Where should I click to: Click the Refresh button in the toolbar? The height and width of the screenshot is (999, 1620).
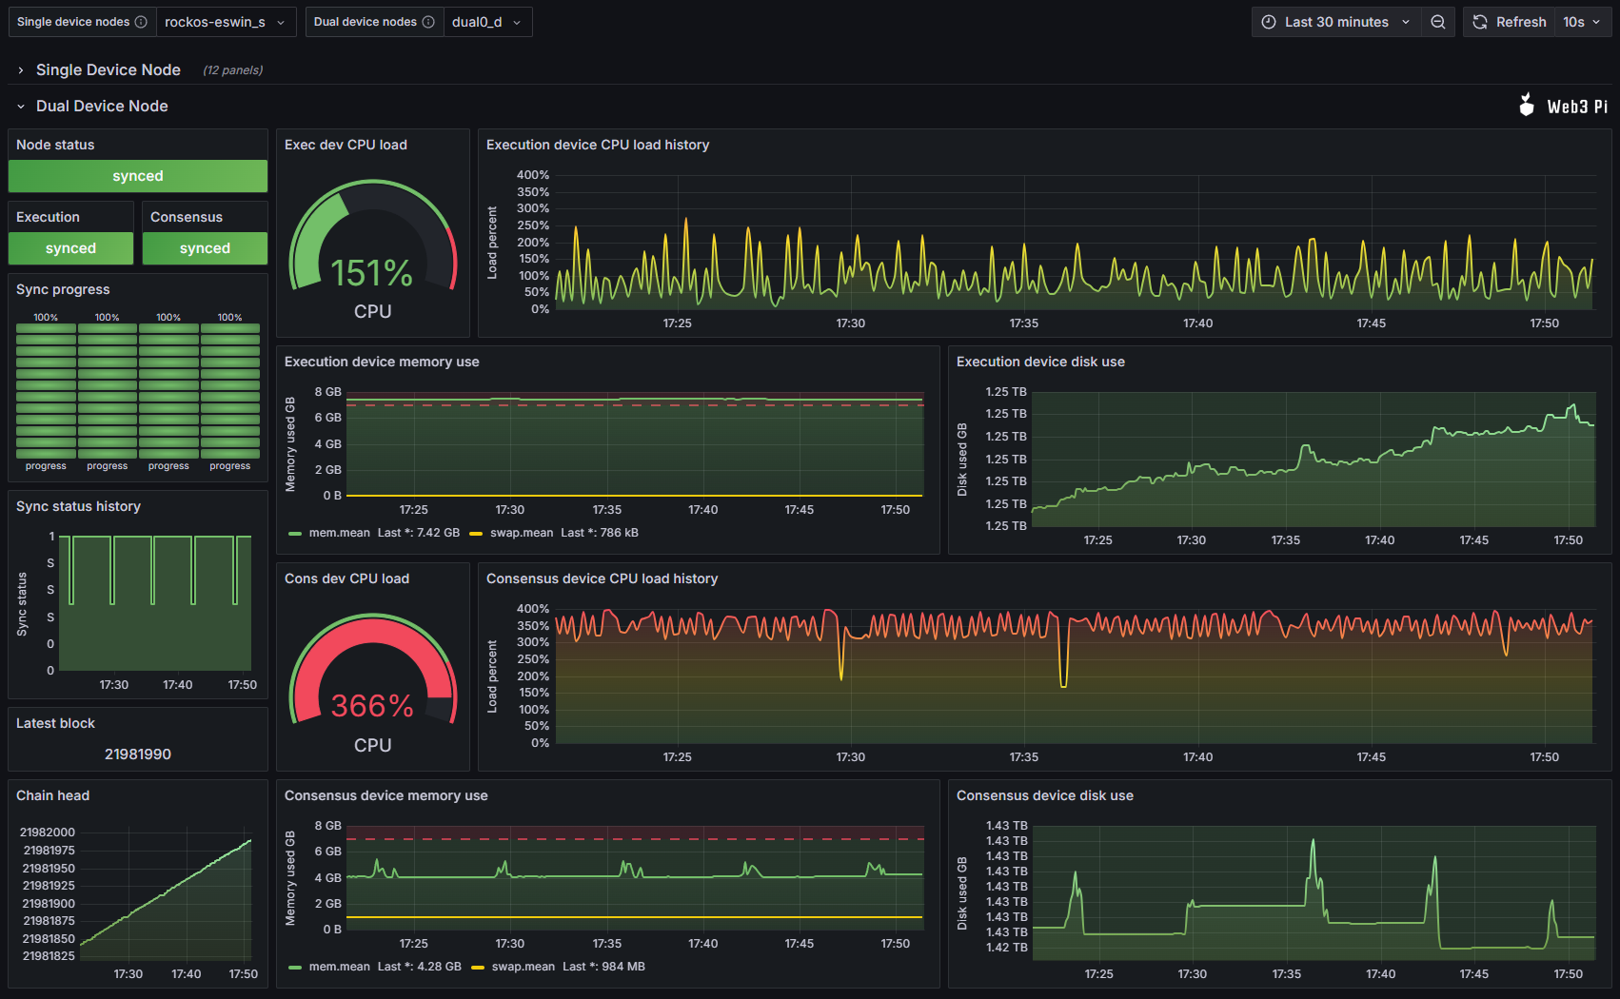point(1510,22)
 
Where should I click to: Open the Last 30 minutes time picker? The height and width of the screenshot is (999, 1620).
point(1335,22)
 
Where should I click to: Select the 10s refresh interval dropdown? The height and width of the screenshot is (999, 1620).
point(1581,22)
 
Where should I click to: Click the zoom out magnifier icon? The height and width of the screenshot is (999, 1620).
point(1438,22)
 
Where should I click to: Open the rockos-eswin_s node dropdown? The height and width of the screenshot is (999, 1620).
point(225,22)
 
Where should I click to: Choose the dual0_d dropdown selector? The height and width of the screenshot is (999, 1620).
point(486,22)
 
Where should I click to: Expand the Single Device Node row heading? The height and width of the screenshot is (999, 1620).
point(108,69)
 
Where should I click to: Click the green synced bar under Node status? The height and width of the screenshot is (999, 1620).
point(138,176)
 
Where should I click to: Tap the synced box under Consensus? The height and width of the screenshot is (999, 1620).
point(205,248)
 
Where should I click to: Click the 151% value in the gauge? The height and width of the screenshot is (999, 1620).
point(372,274)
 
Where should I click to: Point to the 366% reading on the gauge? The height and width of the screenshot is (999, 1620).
point(372,706)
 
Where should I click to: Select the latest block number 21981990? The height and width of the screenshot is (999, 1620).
point(138,754)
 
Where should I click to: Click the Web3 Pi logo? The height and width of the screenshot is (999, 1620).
point(1563,106)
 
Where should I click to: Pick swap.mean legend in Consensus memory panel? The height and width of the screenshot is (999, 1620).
point(523,967)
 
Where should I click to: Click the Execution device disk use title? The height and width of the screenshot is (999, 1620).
point(1040,362)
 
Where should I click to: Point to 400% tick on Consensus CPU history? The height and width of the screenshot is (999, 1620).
point(533,609)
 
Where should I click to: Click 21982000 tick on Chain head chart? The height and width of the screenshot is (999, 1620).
point(48,832)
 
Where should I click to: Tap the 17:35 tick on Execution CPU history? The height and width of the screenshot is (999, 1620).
point(1024,323)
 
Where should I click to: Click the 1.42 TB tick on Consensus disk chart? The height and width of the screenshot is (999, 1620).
point(1006,948)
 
